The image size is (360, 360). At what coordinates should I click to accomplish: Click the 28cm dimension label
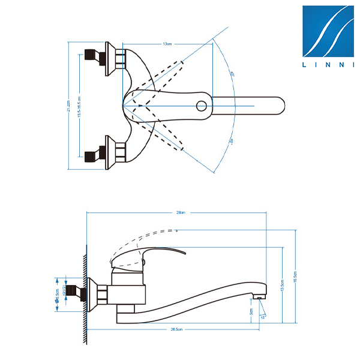pyautogui.click(x=180, y=212)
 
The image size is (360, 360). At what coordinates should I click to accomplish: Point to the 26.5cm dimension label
pyautogui.click(x=176, y=329)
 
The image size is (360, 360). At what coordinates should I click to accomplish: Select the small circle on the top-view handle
pyautogui.click(x=202, y=106)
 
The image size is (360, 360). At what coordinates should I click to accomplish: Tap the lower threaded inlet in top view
pyautogui.click(x=95, y=155)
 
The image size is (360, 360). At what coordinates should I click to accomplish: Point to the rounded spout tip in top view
pyautogui.click(x=280, y=106)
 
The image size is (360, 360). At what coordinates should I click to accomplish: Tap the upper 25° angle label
pyautogui.click(x=232, y=74)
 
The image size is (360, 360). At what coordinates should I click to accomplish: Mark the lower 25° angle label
pyautogui.click(x=232, y=142)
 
